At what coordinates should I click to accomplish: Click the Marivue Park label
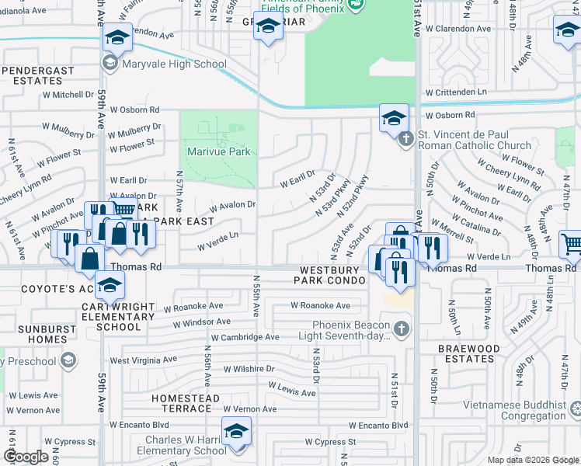pyautogui.click(x=218, y=151)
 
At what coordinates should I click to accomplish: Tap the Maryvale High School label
pyautogui.click(x=173, y=64)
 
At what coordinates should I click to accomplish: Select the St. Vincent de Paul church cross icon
pyautogui.click(x=405, y=140)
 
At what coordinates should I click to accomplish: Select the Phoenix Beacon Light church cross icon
pyautogui.click(x=401, y=329)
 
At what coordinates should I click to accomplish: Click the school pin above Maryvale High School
pyautogui.click(x=117, y=37)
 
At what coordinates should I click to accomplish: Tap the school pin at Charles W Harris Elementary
pyautogui.click(x=236, y=432)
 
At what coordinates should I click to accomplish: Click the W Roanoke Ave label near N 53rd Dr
pyautogui.click(x=325, y=306)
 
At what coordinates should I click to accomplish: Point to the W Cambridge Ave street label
pyautogui.click(x=245, y=338)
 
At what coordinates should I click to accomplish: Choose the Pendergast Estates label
pyautogui.click(x=37, y=75)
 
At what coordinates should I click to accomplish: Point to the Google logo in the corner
pyautogui.click(x=26, y=457)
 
